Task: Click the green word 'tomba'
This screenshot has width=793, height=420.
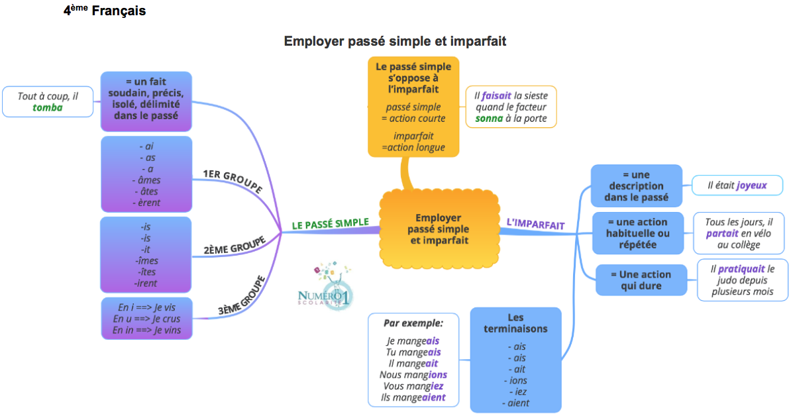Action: click(x=48, y=107)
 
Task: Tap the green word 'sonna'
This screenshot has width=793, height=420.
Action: click(x=490, y=119)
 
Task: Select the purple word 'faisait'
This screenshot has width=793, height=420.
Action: click(x=497, y=95)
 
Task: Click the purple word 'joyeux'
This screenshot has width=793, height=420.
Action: click(x=751, y=185)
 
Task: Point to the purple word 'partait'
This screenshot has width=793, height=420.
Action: click(x=722, y=233)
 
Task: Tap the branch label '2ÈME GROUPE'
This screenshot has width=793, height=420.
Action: click(x=235, y=245)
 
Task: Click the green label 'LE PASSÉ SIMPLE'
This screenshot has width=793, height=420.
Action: click(x=330, y=224)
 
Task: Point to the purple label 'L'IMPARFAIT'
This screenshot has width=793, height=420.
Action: click(x=535, y=225)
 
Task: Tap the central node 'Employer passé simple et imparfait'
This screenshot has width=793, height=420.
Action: click(x=439, y=229)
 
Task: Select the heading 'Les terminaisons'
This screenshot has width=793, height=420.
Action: click(x=515, y=323)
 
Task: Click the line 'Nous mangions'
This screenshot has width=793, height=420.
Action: click(x=413, y=374)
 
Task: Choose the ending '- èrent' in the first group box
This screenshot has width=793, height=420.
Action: click(x=146, y=203)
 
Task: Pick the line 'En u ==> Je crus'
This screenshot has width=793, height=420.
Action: click(x=146, y=319)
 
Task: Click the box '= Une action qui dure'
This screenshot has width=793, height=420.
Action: click(x=641, y=280)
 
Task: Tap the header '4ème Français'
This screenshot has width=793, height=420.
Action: click(x=105, y=11)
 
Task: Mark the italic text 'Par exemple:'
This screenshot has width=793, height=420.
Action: click(x=413, y=323)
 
